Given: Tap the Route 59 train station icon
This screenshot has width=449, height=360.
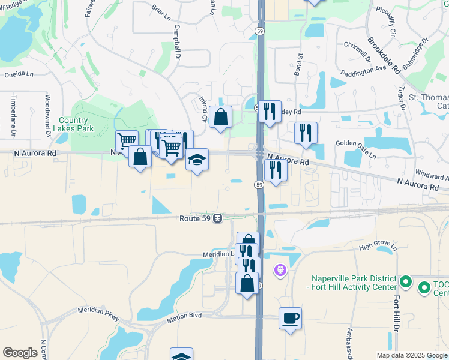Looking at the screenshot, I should click(218, 218).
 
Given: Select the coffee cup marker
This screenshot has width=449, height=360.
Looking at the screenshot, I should click(291, 318).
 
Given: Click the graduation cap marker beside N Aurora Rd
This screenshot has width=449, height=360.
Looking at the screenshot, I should click(197, 160).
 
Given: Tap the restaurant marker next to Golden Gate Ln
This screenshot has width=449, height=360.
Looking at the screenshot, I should click(306, 133).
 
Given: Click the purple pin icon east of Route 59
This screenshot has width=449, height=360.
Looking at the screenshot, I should click(280, 271).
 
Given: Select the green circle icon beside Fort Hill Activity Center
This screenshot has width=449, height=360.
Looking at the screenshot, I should click(405, 281).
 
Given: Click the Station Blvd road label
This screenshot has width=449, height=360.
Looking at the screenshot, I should click(184, 317).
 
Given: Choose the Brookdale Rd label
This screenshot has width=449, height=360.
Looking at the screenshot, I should click(384, 55).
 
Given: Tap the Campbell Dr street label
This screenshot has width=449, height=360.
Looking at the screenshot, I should click(177, 43).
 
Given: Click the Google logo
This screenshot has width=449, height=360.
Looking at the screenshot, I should click(20, 352).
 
